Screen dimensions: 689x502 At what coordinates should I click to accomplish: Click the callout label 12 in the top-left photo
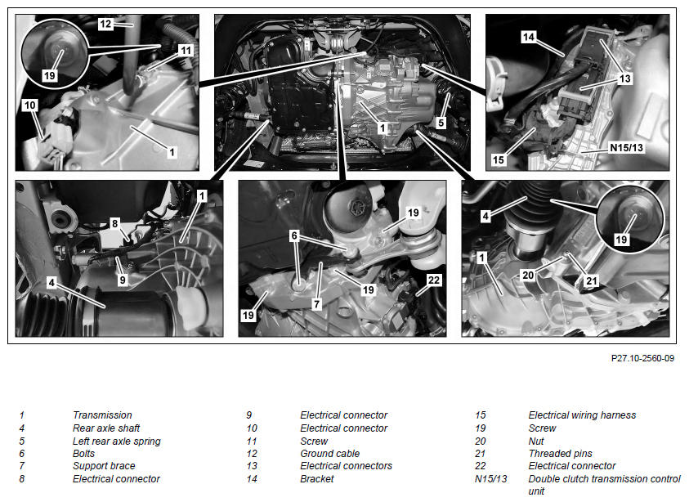pyautogui.click(x=105, y=24)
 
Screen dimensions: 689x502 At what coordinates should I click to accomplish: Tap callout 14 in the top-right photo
pyautogui.click(x=529, y=37)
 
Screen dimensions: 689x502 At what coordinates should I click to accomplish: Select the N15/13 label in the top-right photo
pyautogui.click(x=626, y=148)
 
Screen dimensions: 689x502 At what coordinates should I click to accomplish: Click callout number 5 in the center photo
pyautogui.click(x=441, y=123)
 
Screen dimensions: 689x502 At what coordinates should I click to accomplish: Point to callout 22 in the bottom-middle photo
pyautogui.click(x=434, y=280)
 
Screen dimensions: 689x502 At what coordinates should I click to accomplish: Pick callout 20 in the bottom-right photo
pyautogui.click(x=528, y=276)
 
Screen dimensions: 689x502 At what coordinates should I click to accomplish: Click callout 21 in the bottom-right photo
pyautogui.click(x=592, y=281)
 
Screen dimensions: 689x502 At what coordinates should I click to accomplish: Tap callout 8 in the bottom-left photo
pyautogui.click(x=114, y=223)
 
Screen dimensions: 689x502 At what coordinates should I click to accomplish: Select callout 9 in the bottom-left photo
pyautogui.click(x=122, y=280)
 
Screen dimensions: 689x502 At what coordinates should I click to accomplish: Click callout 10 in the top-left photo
pyautogui.click(x=30, y=105)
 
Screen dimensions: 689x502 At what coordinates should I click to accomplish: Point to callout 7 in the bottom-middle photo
pyautogui.click(x=316, y=304)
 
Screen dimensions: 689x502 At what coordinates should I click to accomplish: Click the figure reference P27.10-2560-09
pyautogui.click(x=642, y=358)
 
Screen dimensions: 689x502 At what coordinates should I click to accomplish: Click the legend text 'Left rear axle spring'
pyautogui.click(x=116, y=441)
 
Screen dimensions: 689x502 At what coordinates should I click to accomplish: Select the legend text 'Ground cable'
pyautogui.click(x=329, y=453)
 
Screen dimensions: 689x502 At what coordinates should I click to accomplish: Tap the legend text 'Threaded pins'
pyautogui.click(x=560, y=453)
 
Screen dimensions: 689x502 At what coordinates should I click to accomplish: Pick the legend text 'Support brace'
pyautogui.click(x=104, y=465)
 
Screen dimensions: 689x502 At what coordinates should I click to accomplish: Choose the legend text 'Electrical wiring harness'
pyautogui.click(x=582, y=415)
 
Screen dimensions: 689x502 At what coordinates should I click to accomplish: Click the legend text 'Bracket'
pyautogui.click(x=317, y=479)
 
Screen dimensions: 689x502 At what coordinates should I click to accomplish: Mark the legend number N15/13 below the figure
pyautogui.click(x=491, y=479)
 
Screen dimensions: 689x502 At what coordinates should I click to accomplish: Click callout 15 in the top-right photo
pyautogui.click(x=499, y=159)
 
